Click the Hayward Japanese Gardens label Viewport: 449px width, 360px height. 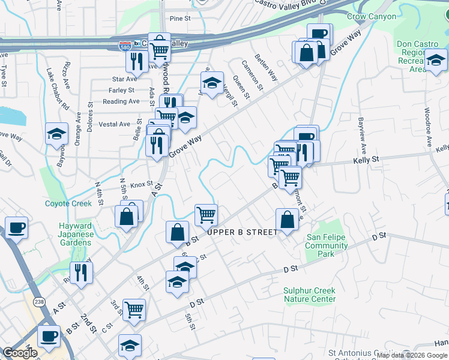click(76, 234)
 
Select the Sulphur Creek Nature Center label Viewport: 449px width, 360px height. click(309, 295)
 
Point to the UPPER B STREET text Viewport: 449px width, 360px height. click(243, 232)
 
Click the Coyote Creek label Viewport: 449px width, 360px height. click(68, 203)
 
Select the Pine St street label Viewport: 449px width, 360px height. click(179, 19)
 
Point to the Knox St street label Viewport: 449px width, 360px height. click(142, 184)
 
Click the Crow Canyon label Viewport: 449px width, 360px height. click(372, 17)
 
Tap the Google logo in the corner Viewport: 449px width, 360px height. click(20, 353)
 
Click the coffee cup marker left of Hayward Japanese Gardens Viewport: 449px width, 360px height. click(16, 228)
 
